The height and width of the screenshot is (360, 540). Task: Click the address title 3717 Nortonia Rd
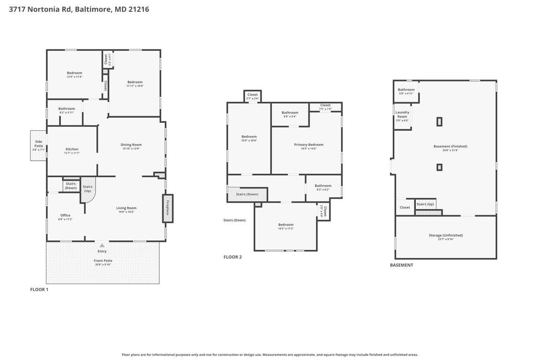[x=79, y=9]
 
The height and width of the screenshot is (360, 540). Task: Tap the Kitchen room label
[x=72, y=149]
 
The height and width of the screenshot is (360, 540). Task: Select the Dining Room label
[x=131, y=145]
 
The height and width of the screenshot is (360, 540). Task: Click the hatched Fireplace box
[x=168, y=208]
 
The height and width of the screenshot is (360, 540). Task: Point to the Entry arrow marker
[x=102, y=245]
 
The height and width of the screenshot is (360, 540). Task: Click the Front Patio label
[x=102, y=261]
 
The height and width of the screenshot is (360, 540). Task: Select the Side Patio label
[x=38, y=144]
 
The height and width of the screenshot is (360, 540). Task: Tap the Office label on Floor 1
[x=65, y=216]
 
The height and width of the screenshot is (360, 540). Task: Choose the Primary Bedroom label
[x=308, y=145]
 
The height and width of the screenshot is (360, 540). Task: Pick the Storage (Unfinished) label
[x=445, y=235]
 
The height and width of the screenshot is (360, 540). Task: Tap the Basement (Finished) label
[x=450, y=146]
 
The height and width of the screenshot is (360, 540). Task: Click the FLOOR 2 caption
[x=232, y=257]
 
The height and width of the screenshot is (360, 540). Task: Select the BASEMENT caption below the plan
[x=401, y=265]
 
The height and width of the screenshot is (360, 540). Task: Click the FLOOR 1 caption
[x=39, y=289]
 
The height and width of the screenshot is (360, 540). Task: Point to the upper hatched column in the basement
[x=439, y=121]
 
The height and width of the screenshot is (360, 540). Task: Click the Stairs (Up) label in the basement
[x=425, y=204]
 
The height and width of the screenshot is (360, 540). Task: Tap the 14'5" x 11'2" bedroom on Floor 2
[x=285, y=226]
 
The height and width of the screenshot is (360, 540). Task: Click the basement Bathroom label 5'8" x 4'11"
[x=406, y=90]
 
